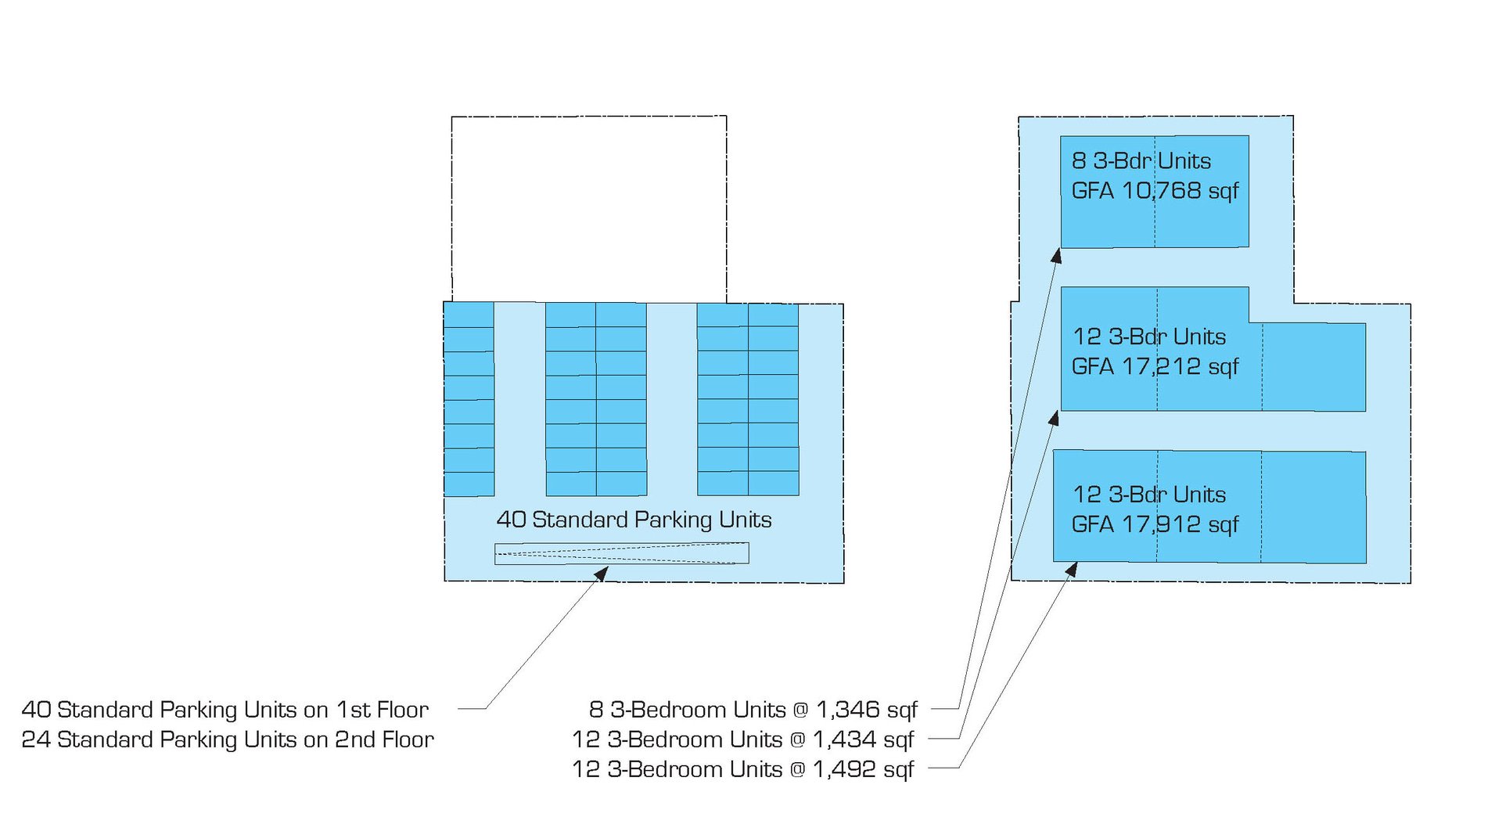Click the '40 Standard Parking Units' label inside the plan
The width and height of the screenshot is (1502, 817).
tap(634, 520)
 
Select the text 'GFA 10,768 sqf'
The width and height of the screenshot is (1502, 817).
tap(1155, 190)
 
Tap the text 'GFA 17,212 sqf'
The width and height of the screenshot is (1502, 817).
tap(1155, 366)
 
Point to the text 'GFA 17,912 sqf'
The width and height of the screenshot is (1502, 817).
tap(1155, 524)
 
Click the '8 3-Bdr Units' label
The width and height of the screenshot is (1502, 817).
tap(1141, 160)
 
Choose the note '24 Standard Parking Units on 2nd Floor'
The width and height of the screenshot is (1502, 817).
tap(228, 740)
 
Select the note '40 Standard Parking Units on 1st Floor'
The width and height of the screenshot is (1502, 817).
tap(225, 710)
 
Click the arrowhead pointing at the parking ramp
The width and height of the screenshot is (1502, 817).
tap(602, 574)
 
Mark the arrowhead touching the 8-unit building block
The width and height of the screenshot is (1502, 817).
tap(1056, 255)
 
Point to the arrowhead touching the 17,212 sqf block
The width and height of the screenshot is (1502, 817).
tap(1055, 418)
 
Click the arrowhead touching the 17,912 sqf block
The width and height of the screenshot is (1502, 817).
tap(1073, 569)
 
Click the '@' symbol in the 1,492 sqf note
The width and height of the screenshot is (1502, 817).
tap(797, 770)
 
